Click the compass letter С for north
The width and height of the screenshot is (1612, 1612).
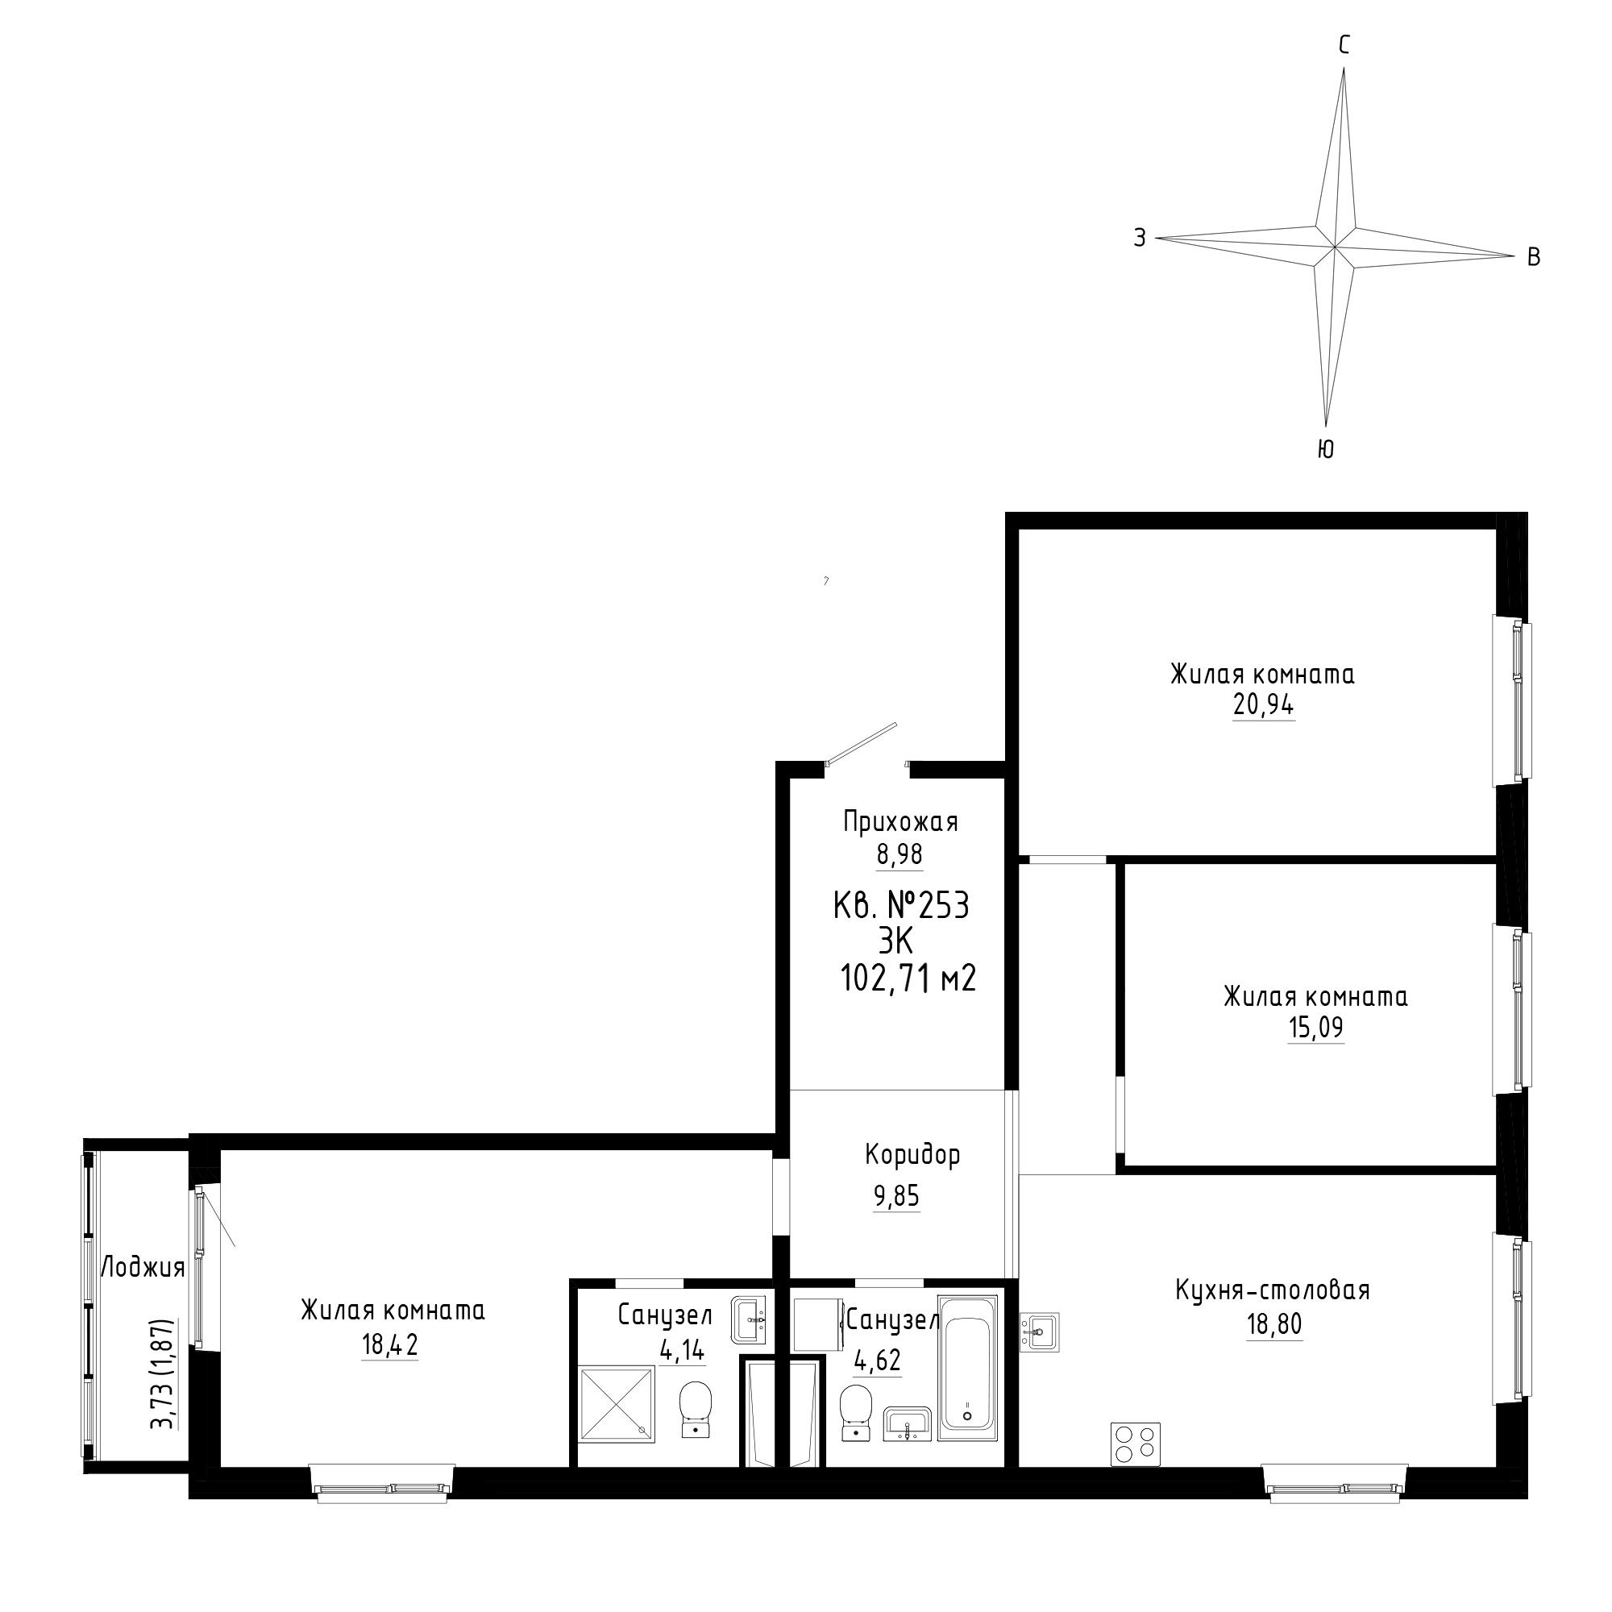tap(1344, 45)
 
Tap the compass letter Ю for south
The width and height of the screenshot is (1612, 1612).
tap(1325, 450)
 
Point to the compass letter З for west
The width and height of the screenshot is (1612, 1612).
tap(1140, 238)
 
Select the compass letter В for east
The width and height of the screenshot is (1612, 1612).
tap(1534, 257)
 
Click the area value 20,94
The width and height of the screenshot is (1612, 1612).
tap(1263, 705)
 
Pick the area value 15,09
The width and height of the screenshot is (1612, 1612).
tap(1316, 1028)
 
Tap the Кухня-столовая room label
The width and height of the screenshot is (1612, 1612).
tap(1273, 1290)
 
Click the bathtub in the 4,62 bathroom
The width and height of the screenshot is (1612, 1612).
tap(967, 1368)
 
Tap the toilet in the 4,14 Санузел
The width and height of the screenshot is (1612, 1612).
tap(695, 1409)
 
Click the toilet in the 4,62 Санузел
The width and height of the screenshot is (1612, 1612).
tap(854, 1413)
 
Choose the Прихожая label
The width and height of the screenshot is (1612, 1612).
tap(901, 822)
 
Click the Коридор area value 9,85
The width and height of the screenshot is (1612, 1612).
tap(896, 1196)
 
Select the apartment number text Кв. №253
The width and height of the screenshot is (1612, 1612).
tap(901, 905)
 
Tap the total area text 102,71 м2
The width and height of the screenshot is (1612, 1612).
tap(908, 978)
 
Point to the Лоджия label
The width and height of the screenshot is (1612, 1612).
tap(143, 1268)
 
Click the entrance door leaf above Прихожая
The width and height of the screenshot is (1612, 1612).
tap(861, 742)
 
